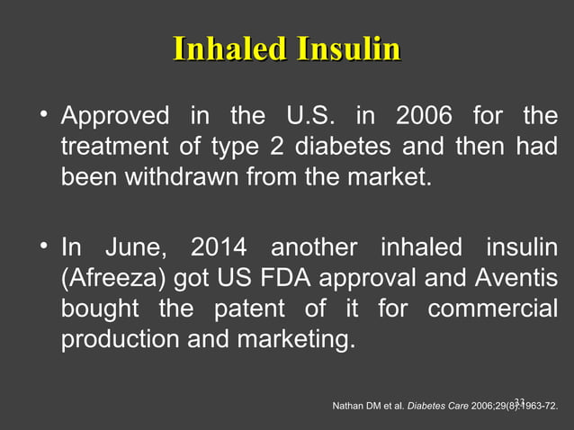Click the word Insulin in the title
pos(344,49)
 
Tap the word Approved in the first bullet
pos(114,116)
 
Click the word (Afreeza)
pos(114,277)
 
